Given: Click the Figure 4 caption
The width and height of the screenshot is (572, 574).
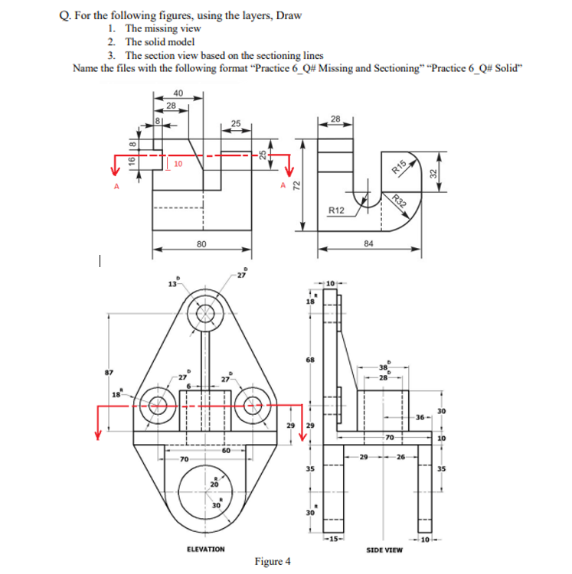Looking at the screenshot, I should coord(272,561).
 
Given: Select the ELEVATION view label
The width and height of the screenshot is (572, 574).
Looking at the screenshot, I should coord(206,549).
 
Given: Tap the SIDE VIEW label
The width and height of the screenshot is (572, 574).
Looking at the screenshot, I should coord(384,550).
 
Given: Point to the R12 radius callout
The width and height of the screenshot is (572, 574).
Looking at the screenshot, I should coord(336,210).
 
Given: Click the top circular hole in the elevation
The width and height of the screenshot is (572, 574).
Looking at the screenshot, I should coord(206,313).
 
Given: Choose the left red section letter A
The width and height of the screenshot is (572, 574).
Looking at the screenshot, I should coord(117,185).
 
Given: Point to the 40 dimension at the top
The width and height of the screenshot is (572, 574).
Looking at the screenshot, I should coord(178,94).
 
